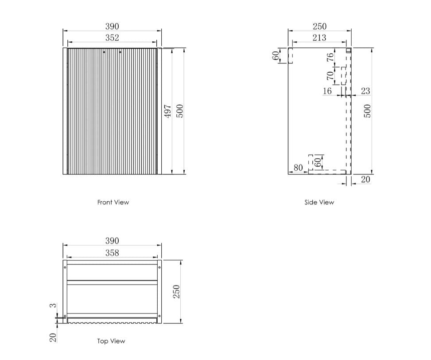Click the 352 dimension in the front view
[112, 38]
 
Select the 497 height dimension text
[167, 111]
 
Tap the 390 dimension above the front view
[112, 27]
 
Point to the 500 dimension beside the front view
[179, 111]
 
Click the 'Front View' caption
[113, 202]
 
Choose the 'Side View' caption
[319, 202]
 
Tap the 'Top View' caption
[111, 341]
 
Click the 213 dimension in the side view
[319, 38]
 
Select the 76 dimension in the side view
[330, 57]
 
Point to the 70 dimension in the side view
[330, 76]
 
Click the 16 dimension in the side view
[327, 91]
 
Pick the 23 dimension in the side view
[365, 91]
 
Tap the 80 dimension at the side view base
[298, 168]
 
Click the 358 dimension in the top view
[112, 253]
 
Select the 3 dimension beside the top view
[53, 305]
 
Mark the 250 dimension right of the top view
[176, 292]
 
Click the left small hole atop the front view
[104, 52]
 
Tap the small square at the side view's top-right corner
[349, 51]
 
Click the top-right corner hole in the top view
[159, 267]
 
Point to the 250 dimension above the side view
[319, 27]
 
